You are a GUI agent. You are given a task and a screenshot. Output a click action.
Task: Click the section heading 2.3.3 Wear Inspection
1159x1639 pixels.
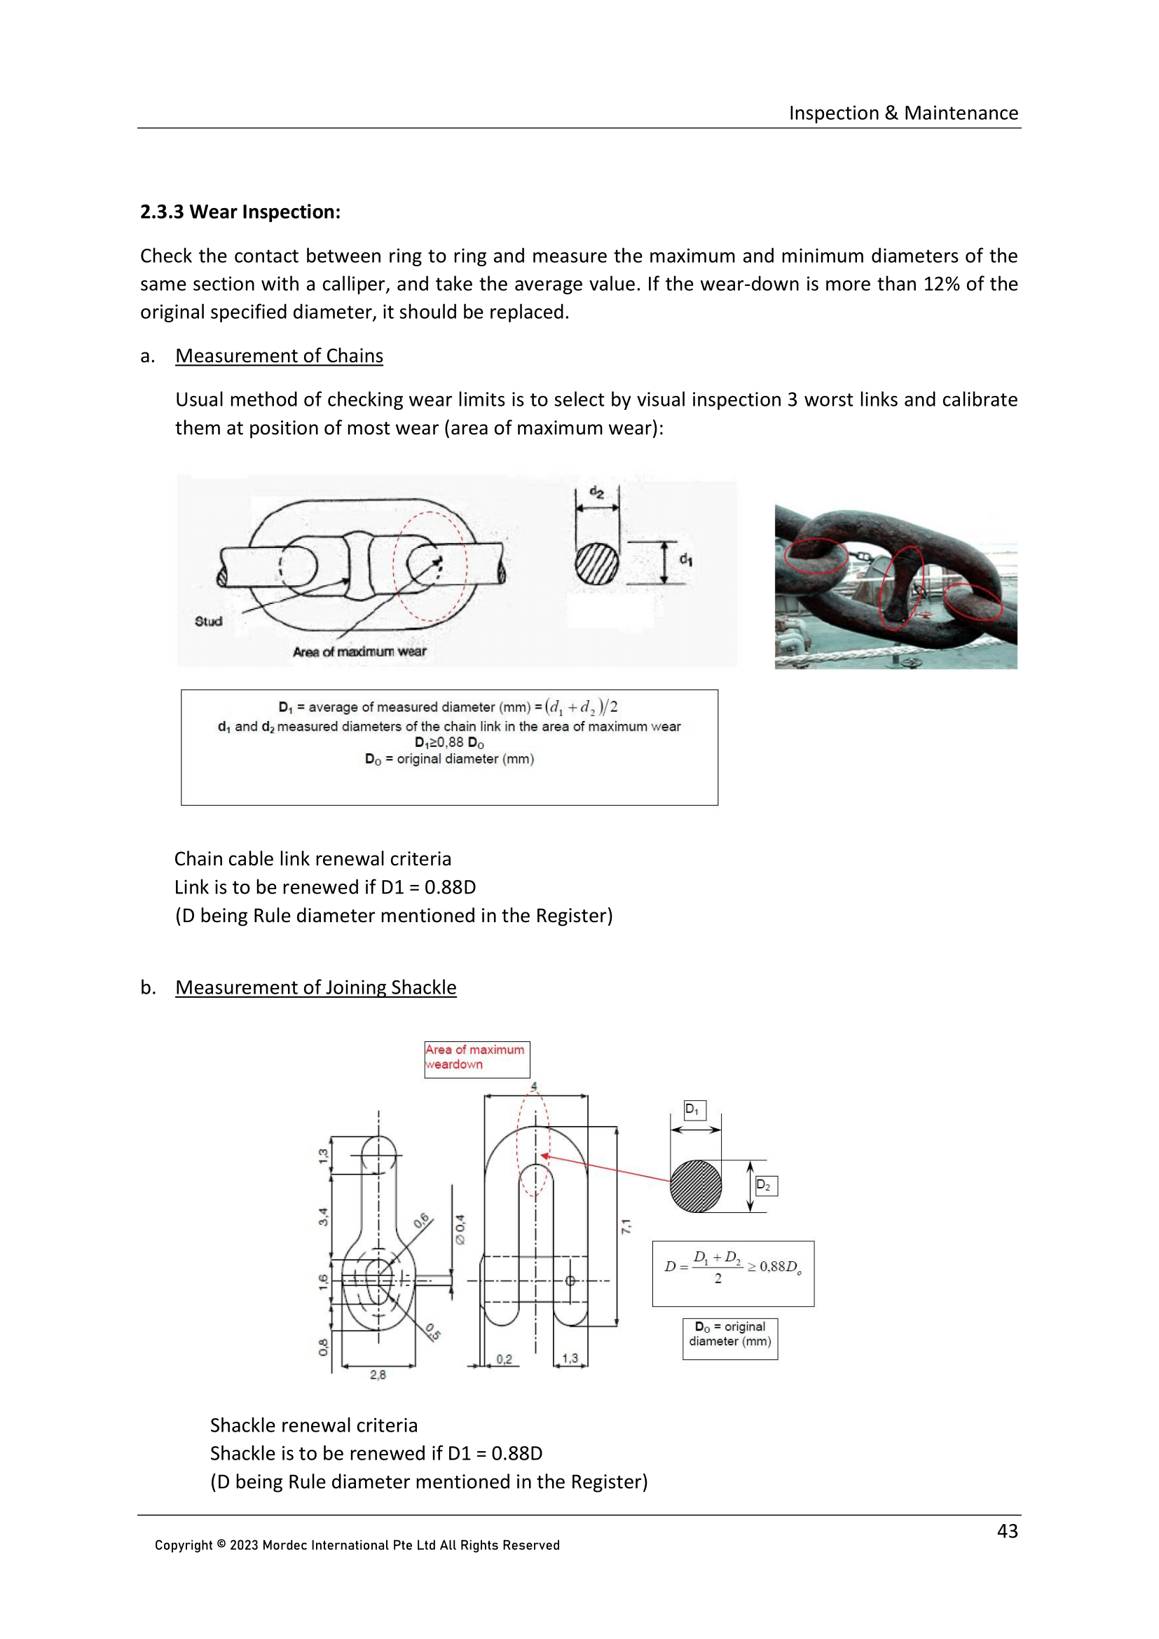tap(240, 212)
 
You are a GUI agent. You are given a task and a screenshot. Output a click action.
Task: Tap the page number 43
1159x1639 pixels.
tap(1007, 1530)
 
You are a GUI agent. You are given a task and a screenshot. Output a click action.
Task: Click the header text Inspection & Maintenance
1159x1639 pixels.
tap(903, 113)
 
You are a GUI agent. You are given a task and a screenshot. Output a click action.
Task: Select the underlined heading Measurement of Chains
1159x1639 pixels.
tap(279, 355)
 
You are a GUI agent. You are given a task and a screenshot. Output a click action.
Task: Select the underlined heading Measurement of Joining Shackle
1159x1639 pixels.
tap(315, 987)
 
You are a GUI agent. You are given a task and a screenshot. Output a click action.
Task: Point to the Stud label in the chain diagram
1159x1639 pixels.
tap(208, 621)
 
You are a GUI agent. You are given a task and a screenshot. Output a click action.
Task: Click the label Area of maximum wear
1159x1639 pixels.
tap(359, 651)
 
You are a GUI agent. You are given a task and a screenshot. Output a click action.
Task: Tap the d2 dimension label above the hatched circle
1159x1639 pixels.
tap(596, 492)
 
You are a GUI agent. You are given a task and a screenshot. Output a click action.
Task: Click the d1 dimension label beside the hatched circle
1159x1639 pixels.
tap(685, 559)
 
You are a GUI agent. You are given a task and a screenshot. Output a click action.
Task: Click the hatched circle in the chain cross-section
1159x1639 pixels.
tap(596, 564)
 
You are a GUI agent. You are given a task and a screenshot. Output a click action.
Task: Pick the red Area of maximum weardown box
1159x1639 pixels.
tap(476, 1059)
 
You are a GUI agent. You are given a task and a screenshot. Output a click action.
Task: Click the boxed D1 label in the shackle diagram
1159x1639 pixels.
tap(694, 1110)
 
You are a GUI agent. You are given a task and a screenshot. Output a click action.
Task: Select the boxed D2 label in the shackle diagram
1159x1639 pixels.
tap(765, 1186)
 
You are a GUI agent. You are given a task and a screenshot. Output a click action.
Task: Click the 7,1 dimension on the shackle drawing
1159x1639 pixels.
tap(626, 1226)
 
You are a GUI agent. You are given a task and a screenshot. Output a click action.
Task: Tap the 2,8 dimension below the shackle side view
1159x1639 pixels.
tap(378, 1374)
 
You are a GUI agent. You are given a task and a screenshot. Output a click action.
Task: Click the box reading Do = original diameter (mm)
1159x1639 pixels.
tap(729, 1333)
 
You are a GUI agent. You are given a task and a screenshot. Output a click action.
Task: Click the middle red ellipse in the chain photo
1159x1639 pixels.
tap(900, 587)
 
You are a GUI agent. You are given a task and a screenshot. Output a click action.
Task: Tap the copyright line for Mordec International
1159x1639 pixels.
tap(357, 1545)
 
